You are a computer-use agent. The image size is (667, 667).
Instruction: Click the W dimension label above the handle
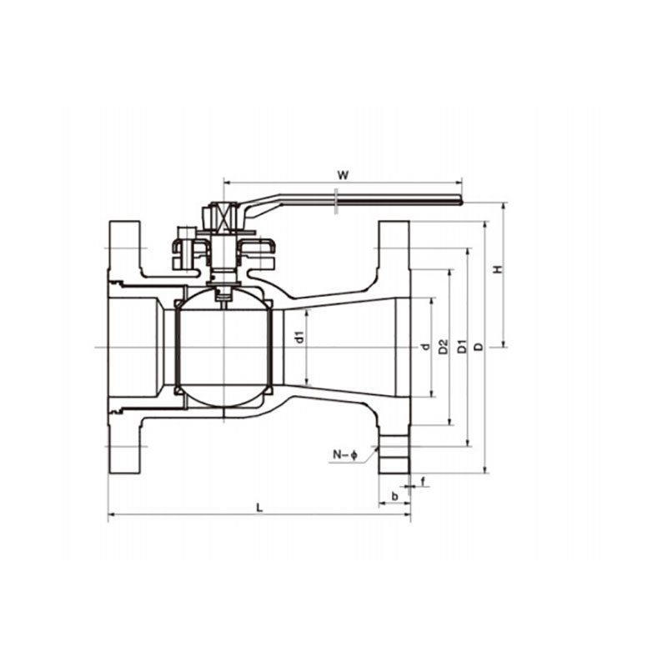tap(343, 175)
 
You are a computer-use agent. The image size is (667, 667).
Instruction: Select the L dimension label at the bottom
tap(260, 507)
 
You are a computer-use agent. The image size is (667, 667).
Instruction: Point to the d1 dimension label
tap(300, 337)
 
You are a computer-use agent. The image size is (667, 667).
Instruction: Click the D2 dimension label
tap(444, 346)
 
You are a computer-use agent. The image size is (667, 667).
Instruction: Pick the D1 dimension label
tap(462, 346)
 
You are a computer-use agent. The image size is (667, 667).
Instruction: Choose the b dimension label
tap(394, 496)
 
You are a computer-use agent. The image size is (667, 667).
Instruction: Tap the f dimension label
tap(423, 482)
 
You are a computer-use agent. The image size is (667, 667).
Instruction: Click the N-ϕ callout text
tap(345, 455)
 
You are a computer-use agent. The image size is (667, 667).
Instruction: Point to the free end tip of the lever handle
tap(462, 200)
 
